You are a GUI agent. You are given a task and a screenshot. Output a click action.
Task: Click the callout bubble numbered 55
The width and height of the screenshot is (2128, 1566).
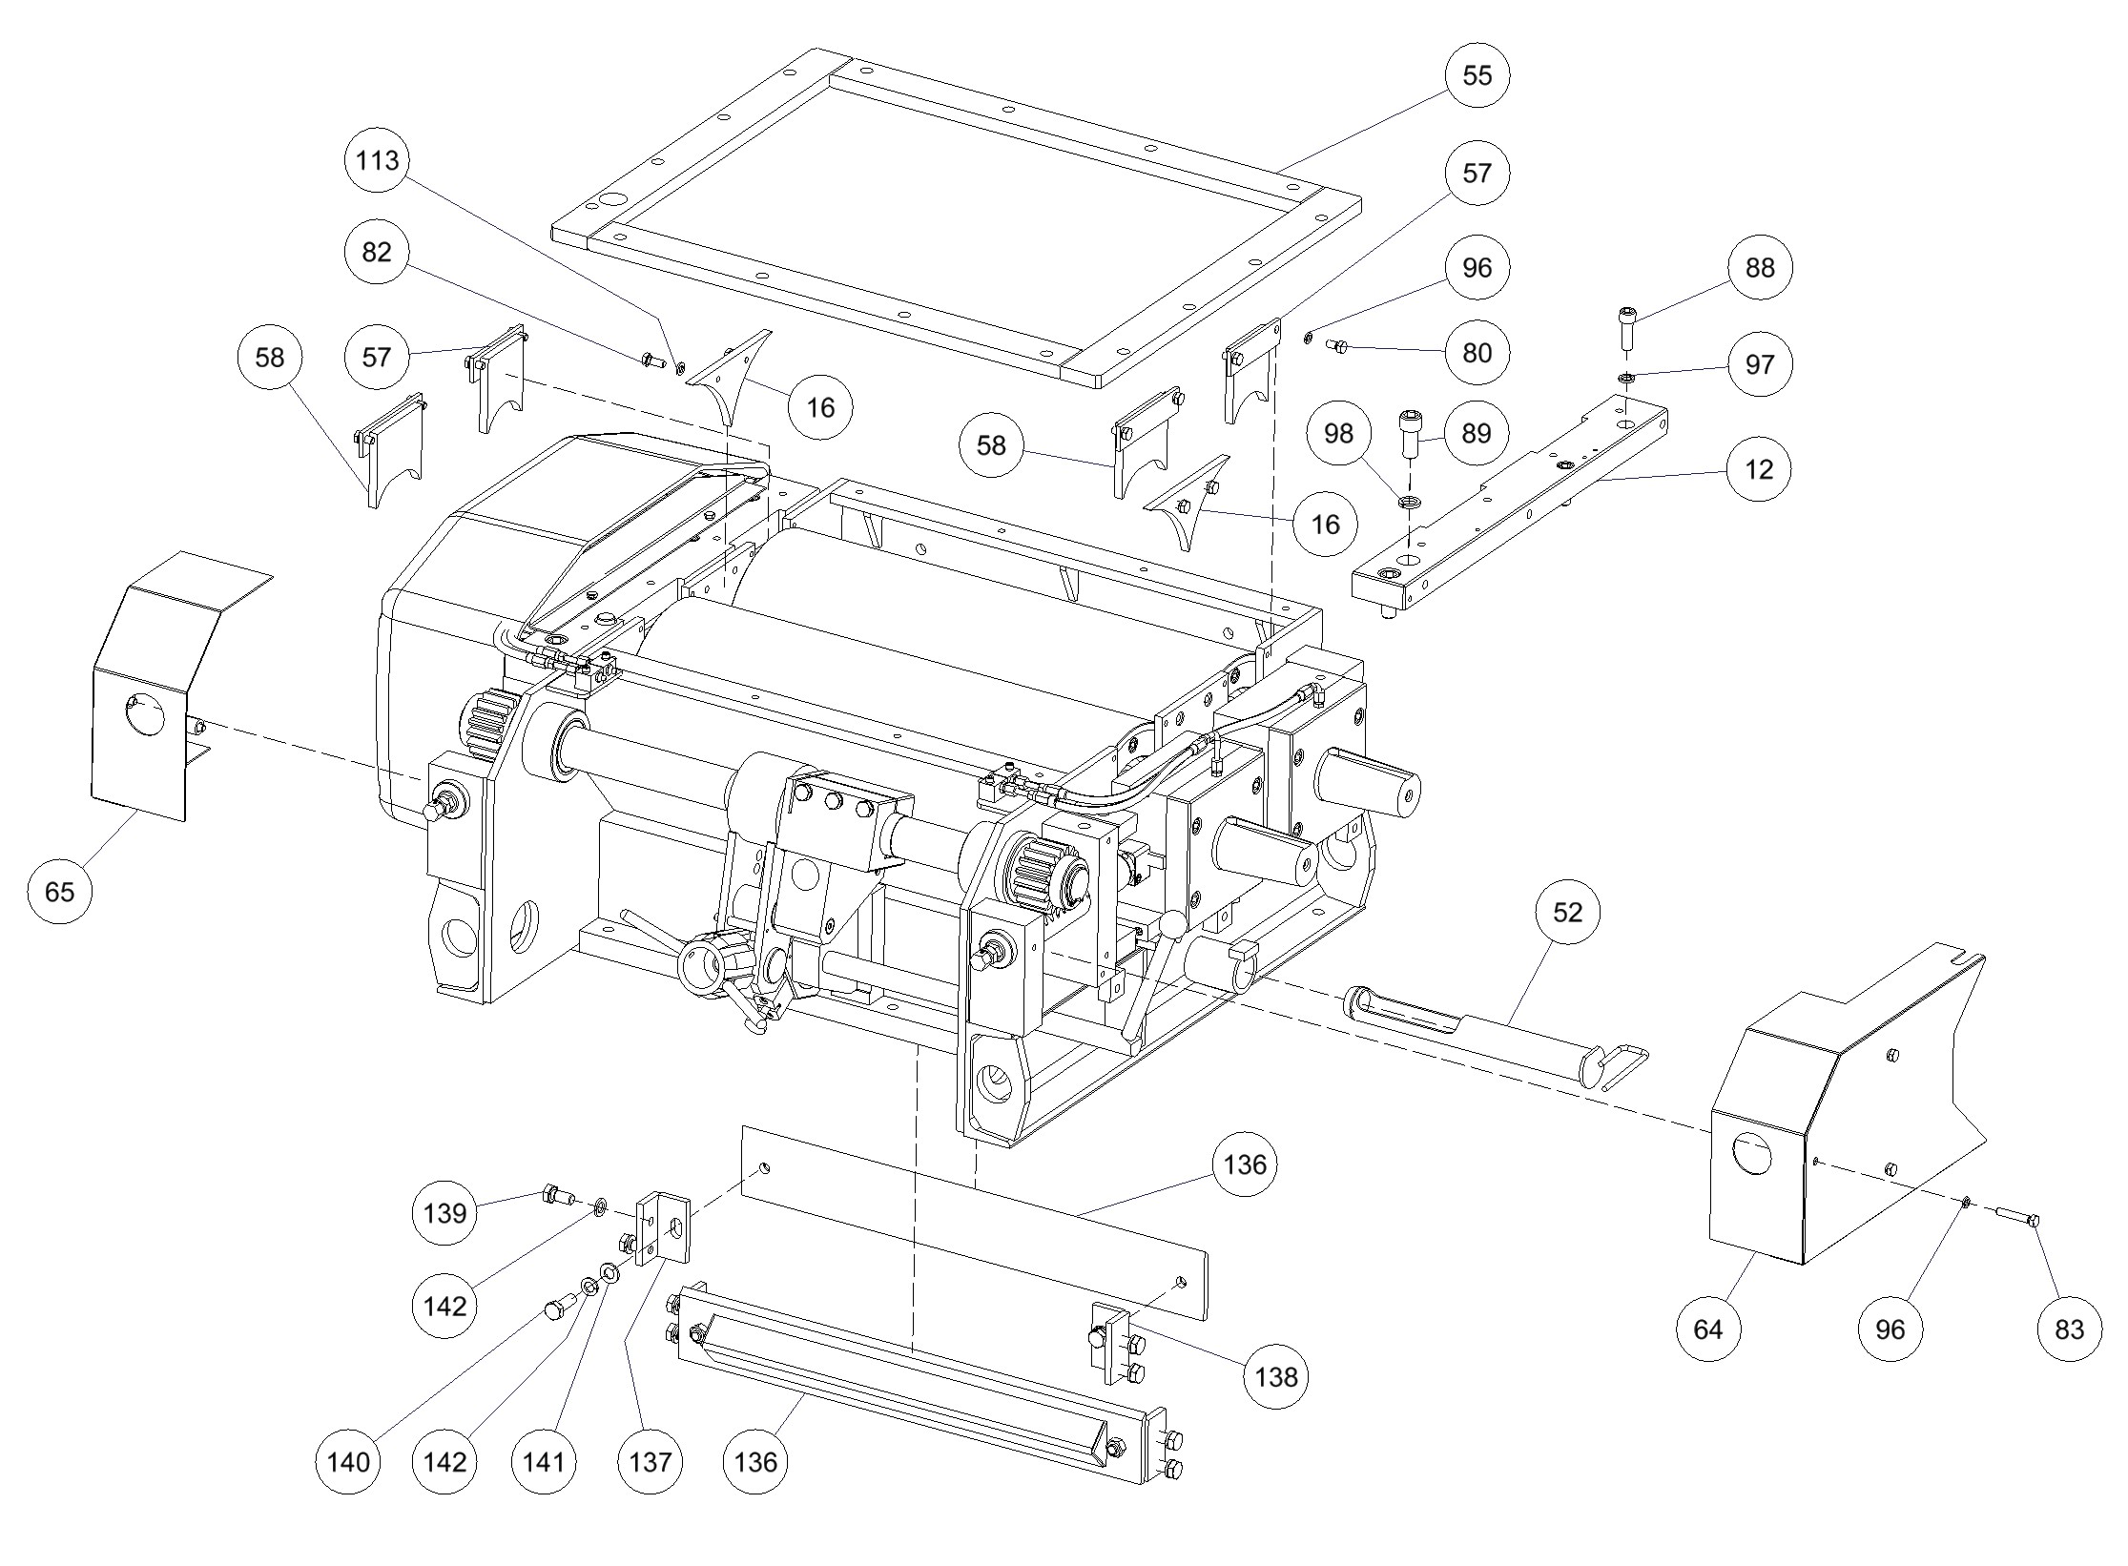pyautogui.click(x=1477, y=75)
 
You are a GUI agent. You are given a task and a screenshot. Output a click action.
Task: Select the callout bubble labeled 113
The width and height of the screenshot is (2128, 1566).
pyautogui.click(x=377, y=160)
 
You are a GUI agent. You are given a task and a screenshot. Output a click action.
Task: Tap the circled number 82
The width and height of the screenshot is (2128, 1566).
pyautogui.click(x=377, y=252)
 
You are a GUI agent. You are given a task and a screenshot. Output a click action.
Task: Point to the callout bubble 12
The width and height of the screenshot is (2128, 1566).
pyautogui.click(x=1759, y=469)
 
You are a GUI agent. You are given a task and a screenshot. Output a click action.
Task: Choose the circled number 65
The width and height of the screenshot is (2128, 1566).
pyautogui.click(x=59, y=892)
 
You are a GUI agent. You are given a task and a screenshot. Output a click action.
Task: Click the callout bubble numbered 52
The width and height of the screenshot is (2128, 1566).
pyautogui.click(x=1568, y=913)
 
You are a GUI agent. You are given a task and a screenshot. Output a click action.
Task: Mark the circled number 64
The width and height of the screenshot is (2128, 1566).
pyautogui.click(x=1708, y=1329)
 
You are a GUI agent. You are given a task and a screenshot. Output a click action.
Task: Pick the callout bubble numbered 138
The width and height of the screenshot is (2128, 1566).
pyautogui.click(x=1276, y=1377)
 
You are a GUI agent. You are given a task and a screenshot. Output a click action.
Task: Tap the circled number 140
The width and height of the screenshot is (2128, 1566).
pyautogui.click(x=347, y=1462)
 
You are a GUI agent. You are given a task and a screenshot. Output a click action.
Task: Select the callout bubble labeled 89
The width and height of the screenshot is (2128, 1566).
pyautogui.click(x=1476, y=434)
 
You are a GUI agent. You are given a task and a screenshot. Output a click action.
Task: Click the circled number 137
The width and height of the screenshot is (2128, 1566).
pyautogui.click(x=650, y=1462)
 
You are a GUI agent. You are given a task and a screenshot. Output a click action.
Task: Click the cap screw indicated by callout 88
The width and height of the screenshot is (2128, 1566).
pyautogui.click(x=1627, y=327)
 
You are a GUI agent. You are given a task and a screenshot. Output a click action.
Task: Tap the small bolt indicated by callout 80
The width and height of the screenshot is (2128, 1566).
pyautogui.click(x=1336, y=345)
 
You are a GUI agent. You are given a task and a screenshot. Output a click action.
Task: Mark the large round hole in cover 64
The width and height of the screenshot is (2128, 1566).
pyautogui.click(x=1751, y=1154)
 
